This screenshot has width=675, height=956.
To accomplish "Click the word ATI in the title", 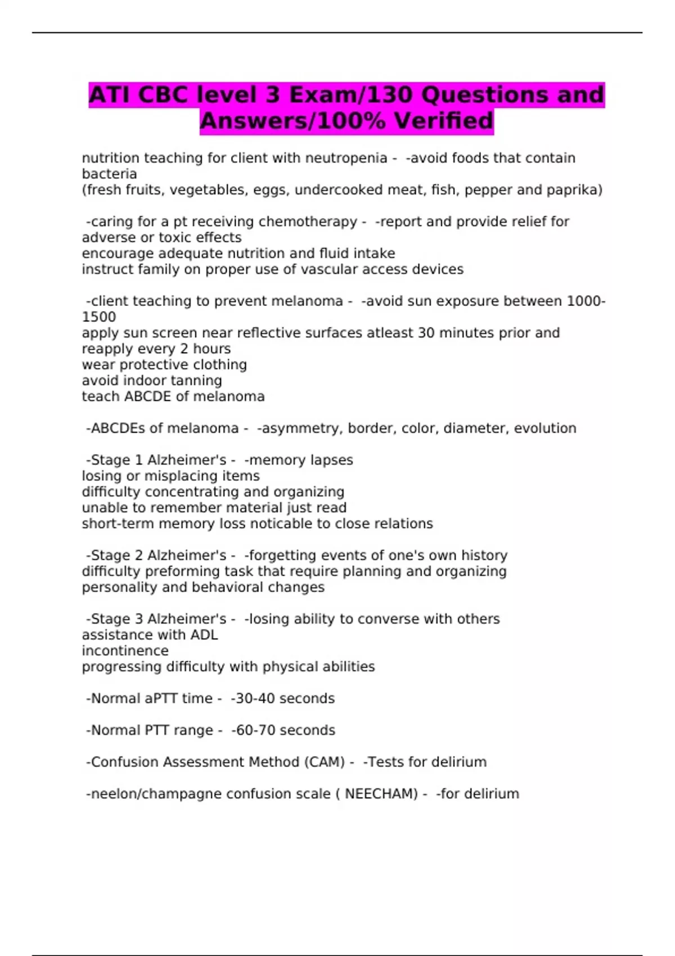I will pyautogui.click(x=110, y=95).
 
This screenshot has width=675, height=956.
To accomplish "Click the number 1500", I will pyautogui.click(x=99, y=317).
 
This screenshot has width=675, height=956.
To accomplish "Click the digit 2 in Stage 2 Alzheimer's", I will pyautogui.click(x=139, y=556).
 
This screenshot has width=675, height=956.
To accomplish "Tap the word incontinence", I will pyautogui.click(x=125, y=651).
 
